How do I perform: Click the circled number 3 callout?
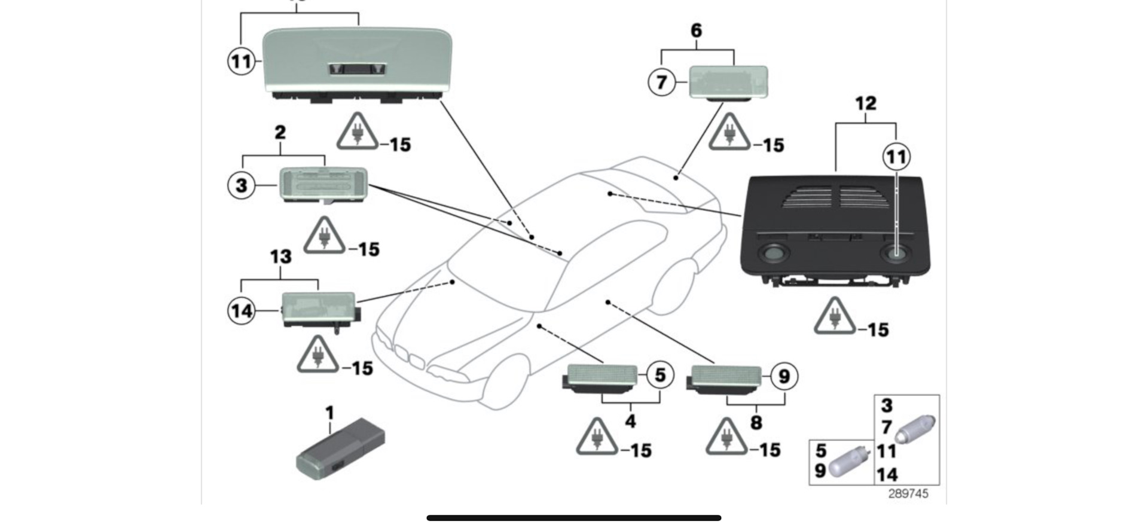point(242,185)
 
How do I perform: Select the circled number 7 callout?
point(662,82)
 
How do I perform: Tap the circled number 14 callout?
point(242,311)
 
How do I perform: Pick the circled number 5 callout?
point(660,375)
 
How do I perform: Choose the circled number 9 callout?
point(784,377)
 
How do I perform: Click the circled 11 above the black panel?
point(896,157)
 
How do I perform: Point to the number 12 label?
point(866,103)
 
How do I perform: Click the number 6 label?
point(697,30)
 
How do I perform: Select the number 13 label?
point(280,257)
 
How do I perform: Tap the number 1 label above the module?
point(329,413)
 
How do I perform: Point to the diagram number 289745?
point(908,494)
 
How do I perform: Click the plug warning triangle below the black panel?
point(835,316)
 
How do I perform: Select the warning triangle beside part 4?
point(597,438)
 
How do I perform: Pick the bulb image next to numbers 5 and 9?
point(848,461)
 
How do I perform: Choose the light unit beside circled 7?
point(728,83)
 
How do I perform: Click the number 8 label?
point(756,423)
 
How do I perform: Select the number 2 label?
point(280,132)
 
